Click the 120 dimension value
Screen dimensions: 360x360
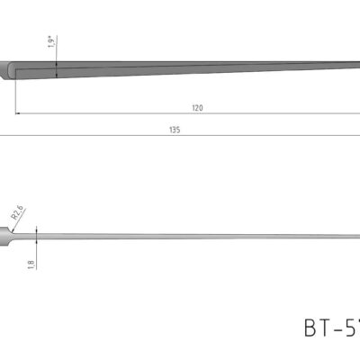tap(197, 107)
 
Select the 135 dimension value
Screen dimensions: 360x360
tap(174, 130)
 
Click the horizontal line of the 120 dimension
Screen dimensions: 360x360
tap(135, 113)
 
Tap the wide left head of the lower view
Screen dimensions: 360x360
tap(9, 238)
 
